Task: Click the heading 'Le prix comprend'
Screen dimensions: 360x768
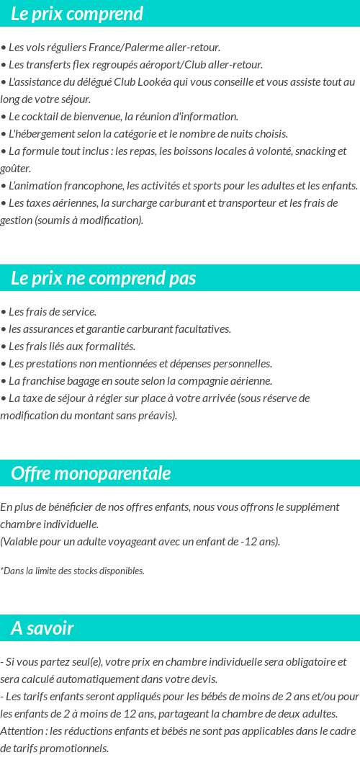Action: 77,14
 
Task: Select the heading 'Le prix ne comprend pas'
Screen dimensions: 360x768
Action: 103,278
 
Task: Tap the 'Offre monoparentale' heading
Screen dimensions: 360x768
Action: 91,473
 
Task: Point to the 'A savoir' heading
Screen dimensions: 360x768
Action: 42,628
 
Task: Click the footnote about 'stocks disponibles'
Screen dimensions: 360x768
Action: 72,571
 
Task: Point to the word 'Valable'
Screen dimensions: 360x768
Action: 19,542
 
